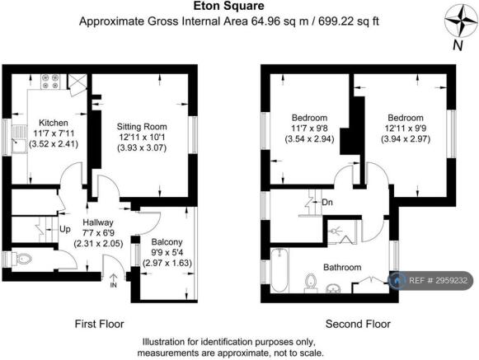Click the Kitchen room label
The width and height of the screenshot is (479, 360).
click(x=54, y=123)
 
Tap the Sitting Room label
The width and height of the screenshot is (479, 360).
click(x=142, y=127)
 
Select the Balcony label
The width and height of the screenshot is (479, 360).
click(x=167, y=242)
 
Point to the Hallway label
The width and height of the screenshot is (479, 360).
click(x=98, y=222)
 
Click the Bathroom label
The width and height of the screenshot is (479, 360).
click(x=342, y=268)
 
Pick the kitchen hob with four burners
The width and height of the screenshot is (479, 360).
click(x=50, y=82)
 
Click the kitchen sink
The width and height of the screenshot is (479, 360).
click(x=19, y=139)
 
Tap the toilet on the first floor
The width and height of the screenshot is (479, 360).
click(x=22, y=259)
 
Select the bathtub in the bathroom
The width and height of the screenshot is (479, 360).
click(x=279, y=270)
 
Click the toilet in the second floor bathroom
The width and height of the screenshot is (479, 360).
click(x=311, y=283)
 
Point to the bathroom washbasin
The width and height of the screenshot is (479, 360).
click(x=334, y=288)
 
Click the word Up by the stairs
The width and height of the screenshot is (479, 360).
click(x=65, y=229)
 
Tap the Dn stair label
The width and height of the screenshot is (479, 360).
click(x=327, y=203)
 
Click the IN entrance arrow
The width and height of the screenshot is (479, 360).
click(x=113, y=281)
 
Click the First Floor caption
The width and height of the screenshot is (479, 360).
click(x=100, y=324)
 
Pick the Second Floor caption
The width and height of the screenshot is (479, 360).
click(x=358, y=324)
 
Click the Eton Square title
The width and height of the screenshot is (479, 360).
click(x=229, y=6)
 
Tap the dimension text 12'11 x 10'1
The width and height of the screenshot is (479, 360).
click(x=142, y=138)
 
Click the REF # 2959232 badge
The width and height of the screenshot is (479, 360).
click(x=430, y=280)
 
